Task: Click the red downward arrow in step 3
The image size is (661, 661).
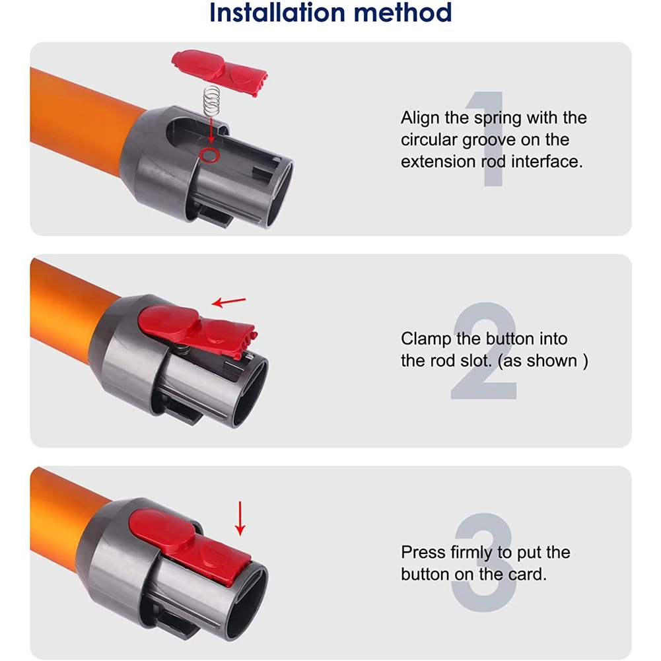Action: coord(240,518)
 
